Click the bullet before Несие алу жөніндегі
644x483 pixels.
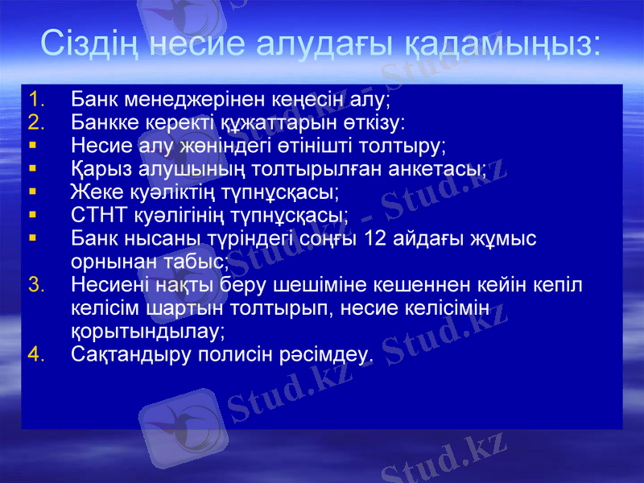click(31, 147)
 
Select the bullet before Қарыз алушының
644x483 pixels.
click(31, 169)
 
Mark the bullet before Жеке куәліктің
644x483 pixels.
click(31, 192)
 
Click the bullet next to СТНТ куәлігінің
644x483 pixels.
click(31, 215)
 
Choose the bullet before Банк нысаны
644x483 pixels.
click(31, 238)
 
